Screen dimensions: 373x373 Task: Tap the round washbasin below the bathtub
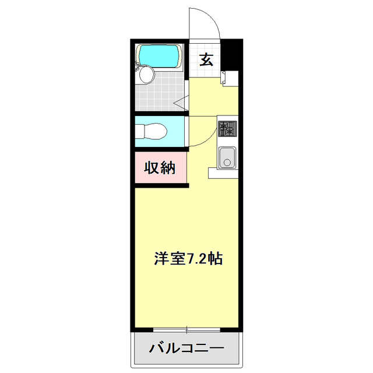click(x=146, y=75)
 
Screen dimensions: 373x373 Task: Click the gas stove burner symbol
click(x=226, y=129)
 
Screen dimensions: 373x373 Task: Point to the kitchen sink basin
click(x=226, y=157)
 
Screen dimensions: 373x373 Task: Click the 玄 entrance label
click(x=206, y=59)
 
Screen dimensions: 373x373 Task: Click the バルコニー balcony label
click(x=186, y=349)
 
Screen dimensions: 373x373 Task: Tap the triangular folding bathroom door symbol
click(x=180, y=103)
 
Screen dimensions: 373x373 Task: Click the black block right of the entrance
click(x=234, y=55)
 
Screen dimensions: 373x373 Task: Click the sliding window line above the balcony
click(x=186, y=330)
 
